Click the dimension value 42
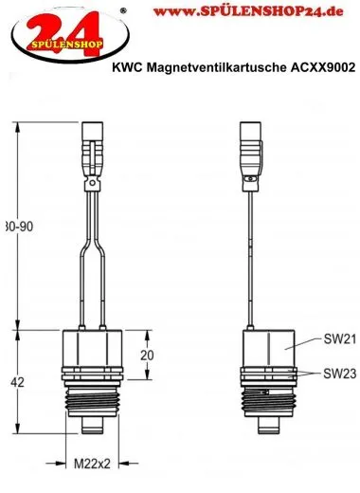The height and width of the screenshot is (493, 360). pos(18,382)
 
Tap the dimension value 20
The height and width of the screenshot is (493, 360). pos(145,356)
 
